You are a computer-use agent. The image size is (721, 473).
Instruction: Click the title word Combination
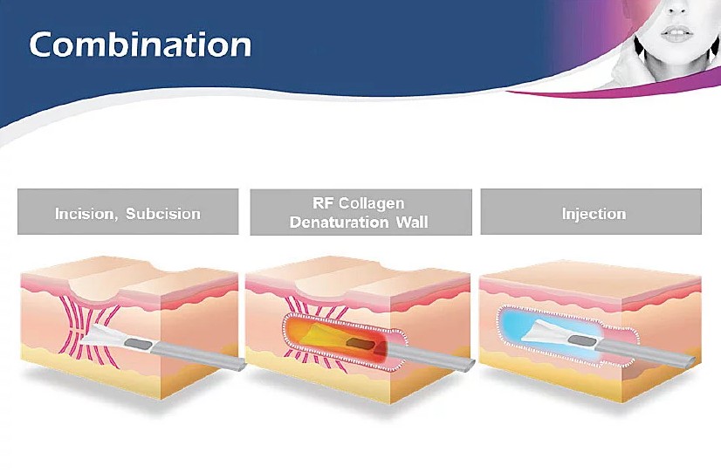tap(141, 45)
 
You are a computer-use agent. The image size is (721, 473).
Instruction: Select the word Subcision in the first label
tap(163, 214)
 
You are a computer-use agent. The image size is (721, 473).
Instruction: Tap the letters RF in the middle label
tap(323, 203)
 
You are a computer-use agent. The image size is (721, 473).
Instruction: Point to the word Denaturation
tap(339, 223)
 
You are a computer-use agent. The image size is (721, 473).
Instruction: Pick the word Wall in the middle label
tap(412, 223)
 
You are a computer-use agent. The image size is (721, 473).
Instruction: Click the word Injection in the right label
tap(594, 214)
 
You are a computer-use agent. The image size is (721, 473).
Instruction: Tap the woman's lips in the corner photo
tap(677, 33)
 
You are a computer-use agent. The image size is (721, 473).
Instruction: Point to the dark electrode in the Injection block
tap(581, 341)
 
